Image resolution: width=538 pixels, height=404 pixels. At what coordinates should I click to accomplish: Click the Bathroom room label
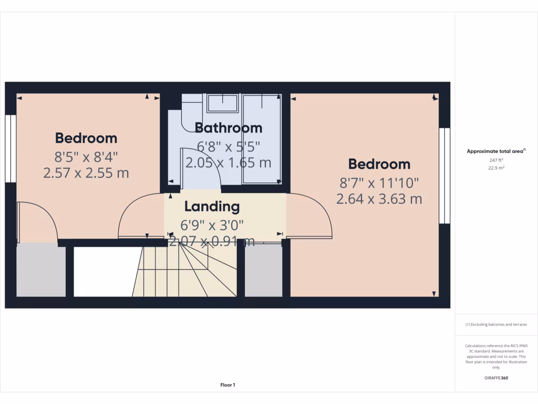pyautogui.click(x=228, y=128)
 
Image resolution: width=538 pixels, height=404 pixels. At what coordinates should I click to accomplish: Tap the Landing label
pyautogui.click(x=212, y=207)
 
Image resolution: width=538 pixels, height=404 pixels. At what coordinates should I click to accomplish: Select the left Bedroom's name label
pyautogui.click(x=86, y=138)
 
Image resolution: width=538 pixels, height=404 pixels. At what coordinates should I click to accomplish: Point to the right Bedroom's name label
pyautogui.click(x=379, y=164)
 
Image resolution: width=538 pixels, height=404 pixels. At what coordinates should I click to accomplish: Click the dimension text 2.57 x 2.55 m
pyautogui.click(x=86, y=173)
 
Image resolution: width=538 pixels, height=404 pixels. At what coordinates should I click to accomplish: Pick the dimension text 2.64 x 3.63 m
pyautogui.click(x=379, y=199)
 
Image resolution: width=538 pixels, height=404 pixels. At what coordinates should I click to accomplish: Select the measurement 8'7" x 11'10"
pyautogui.click(x=379, y=183)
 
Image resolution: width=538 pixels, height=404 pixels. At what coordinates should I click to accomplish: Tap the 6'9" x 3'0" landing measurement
pyautogui.click(x=212, y=225)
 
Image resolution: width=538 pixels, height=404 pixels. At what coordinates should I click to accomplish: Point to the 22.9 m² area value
pyautogui.click(x=496, y=168)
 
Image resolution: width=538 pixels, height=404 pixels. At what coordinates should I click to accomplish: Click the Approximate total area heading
pyautogui.click(x=495, y=151)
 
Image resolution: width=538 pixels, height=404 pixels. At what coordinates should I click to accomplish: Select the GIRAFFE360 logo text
pyautogui.click(x=496, y=378)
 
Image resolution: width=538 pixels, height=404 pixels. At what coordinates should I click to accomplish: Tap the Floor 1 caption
pyautogui.click(x=228, y=385)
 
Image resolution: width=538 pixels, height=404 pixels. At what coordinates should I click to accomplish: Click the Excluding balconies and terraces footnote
pyautogui.click(x=496, y=325)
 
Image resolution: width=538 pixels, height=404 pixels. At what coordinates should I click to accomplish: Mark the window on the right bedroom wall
pyautogui.click(x=445, y=175)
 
